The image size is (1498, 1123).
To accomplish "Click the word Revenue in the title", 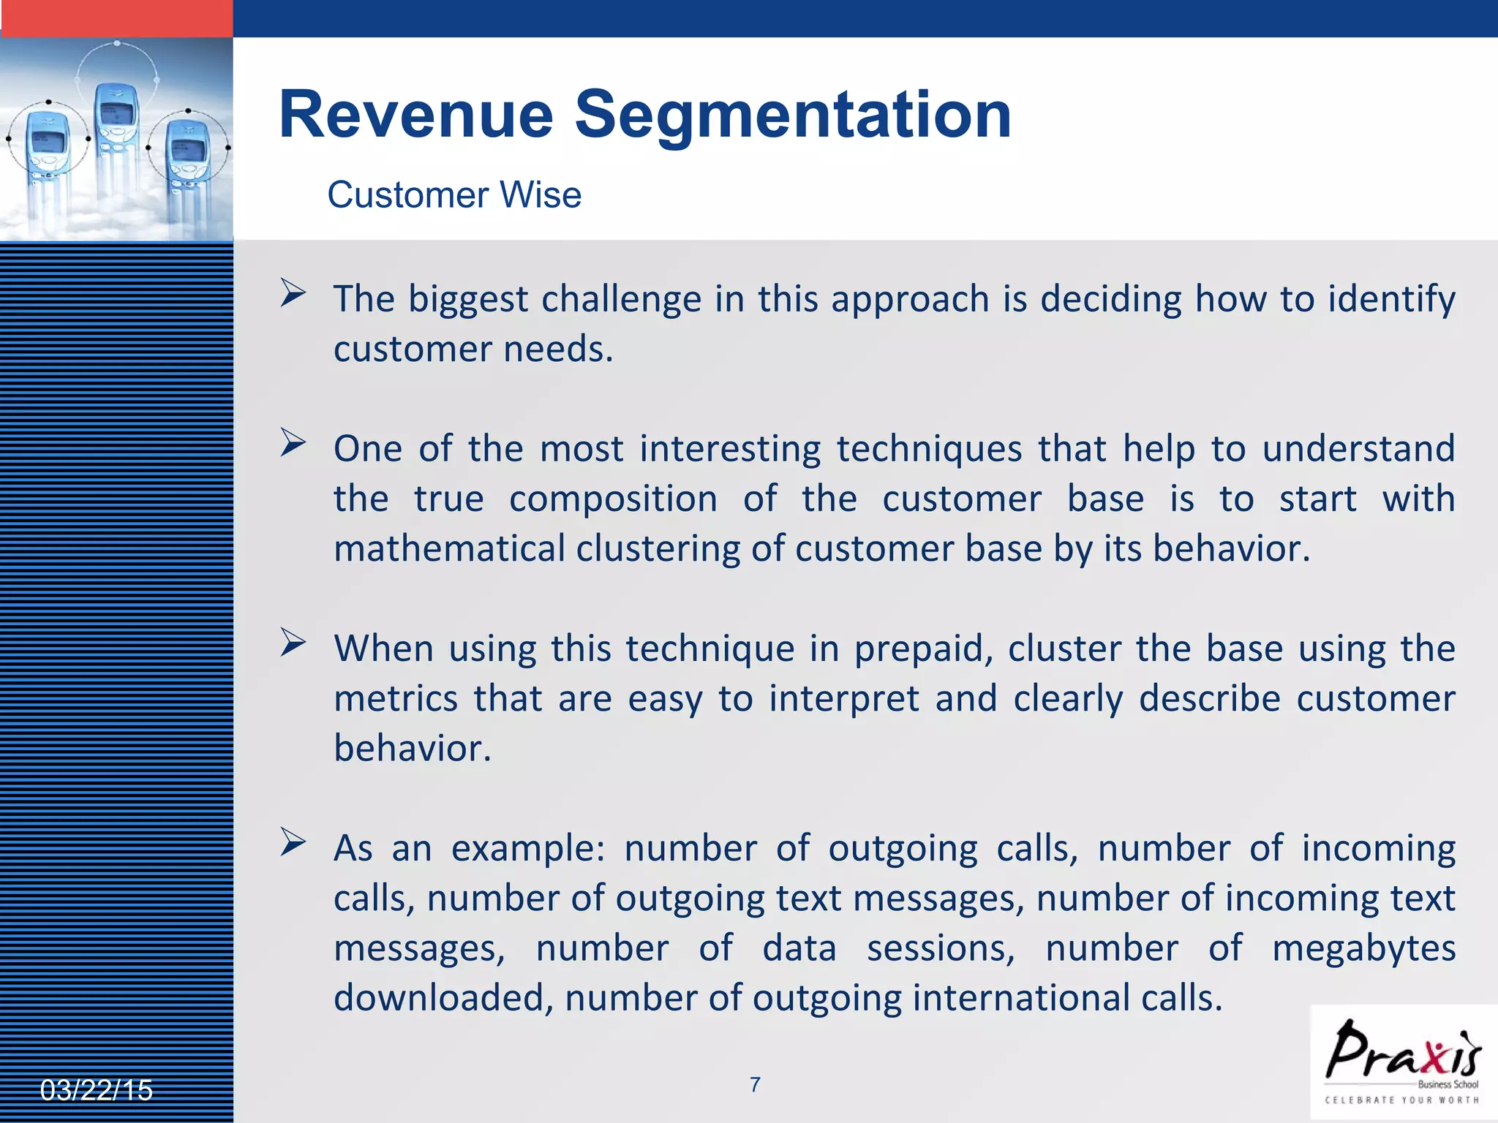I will tap(416, 115).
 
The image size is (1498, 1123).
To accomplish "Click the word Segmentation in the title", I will tap(793, 115).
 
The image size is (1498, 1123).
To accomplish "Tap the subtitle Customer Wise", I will tap(453, 195).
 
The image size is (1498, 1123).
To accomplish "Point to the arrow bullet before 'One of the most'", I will tap(293, 443).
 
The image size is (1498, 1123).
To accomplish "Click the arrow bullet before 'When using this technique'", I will tap(293, 643).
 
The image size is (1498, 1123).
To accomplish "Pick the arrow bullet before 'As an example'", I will tap(293, 842).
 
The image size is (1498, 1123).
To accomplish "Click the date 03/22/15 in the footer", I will tap(96, 1090).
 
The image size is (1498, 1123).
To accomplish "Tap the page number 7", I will tap(755, 1084).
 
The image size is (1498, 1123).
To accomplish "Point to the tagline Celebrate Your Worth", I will tap(1401, 1100).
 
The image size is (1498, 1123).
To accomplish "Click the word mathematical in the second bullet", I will tap(449, 548).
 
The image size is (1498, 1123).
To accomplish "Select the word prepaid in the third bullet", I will tap(923, 649).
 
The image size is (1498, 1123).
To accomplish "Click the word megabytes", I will tap(1363, 948).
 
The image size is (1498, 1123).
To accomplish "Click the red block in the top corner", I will tap(116, 18).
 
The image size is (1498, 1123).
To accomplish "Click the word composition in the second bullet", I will tap(613, 499).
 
